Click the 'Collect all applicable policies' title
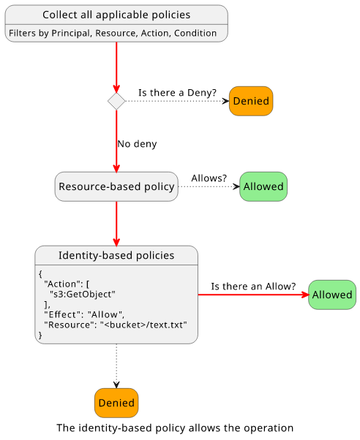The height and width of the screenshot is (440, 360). coord(116,15)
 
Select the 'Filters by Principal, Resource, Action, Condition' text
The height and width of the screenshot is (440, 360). coord(113,33)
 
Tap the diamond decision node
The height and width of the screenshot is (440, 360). coord(116,101)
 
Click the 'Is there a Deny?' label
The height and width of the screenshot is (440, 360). coord(177,93)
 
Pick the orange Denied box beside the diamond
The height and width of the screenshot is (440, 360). coord(251,101)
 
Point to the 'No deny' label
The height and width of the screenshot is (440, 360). coord(137,144)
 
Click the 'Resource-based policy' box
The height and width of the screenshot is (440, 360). coord(116,186)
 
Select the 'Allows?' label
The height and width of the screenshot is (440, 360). coord(209,178)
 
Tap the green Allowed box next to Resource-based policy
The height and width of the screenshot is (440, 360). coord(263,186)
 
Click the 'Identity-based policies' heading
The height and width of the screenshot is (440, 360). coord(116,255)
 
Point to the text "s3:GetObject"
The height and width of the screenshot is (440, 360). coord(83,295)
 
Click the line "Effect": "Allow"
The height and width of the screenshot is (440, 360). coord(84,314)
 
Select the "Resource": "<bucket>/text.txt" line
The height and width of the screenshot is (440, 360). coord(116,325)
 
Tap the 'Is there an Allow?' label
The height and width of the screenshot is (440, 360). coord(253,287)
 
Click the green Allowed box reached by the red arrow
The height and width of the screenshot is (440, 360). coord(332,295)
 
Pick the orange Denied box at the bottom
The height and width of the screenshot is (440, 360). coord(116,403)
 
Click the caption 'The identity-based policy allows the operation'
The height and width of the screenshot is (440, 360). coord(175,428)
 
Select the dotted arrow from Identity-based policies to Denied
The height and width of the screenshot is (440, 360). coord(116,366)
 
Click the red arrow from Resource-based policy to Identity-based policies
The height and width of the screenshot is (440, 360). coord(116,224)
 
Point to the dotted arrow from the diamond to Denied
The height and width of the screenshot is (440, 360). coord(177,101)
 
